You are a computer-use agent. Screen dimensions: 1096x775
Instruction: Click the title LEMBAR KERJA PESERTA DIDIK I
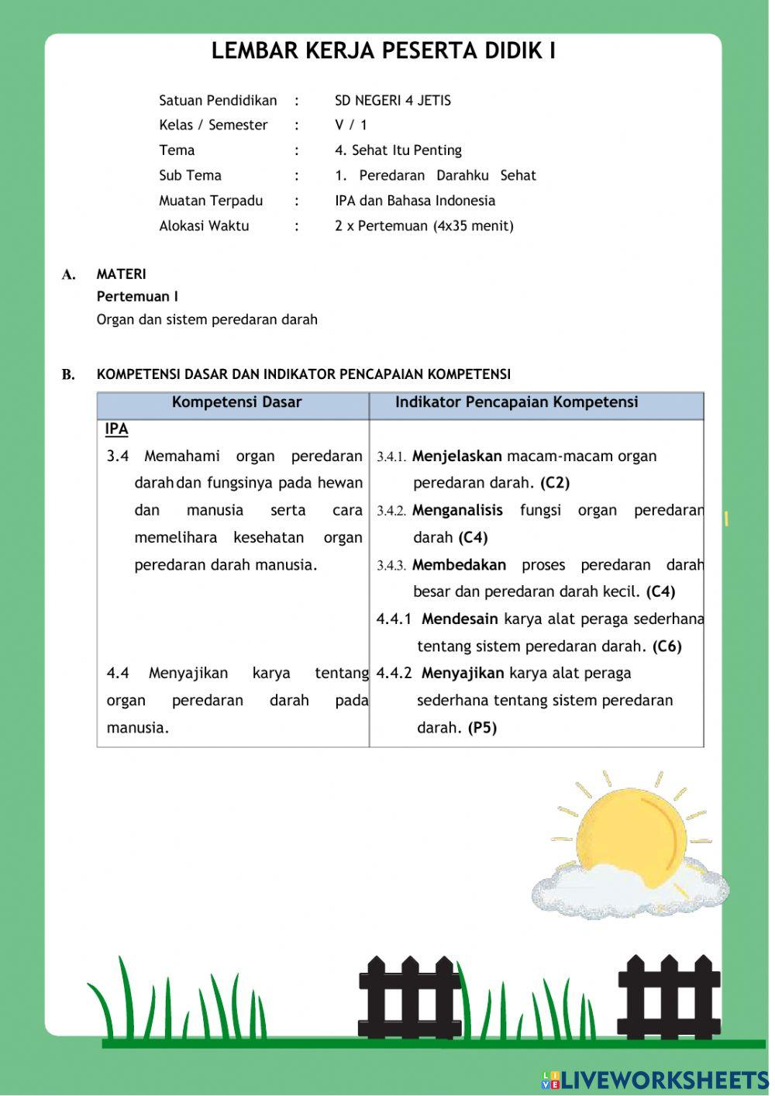click(x=383, y=51)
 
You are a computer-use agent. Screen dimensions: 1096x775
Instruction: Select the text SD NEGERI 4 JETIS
click(x=392, y=100)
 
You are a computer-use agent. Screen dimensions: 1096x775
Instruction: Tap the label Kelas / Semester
click(x=213, y=125)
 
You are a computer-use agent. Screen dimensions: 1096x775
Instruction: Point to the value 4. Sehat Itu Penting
click(x=398, y=150)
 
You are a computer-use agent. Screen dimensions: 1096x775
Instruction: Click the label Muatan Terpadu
click(x=211, y=201)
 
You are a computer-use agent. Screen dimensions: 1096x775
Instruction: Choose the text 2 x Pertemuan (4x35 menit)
click(x=424, y=226)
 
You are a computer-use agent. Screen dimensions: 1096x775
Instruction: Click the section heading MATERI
click(x=121, y=274)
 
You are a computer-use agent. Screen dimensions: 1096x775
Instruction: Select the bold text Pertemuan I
click(x=137, y=296)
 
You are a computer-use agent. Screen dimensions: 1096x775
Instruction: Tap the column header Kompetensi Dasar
click(x=236, y=402)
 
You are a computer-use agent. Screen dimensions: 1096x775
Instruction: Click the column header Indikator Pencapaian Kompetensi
click(x=516, y=402)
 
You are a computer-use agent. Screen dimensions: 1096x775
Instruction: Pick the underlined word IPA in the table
click(x=116, y=429)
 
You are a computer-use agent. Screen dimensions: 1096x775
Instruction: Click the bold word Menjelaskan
click(x=456, y=457)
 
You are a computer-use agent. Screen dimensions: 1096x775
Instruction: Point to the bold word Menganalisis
click(x=457, y=511)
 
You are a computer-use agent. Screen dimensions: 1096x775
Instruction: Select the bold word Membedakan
click(x=459, y=565)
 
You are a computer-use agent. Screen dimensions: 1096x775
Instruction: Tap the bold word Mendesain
click(x=460, y=619)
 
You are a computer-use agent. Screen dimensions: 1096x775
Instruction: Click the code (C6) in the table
click(x=666, y=646)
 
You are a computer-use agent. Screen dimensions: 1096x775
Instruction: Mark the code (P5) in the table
click(x=482, y=728)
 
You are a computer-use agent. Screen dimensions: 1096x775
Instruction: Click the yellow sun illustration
click(x=632, y=834)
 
